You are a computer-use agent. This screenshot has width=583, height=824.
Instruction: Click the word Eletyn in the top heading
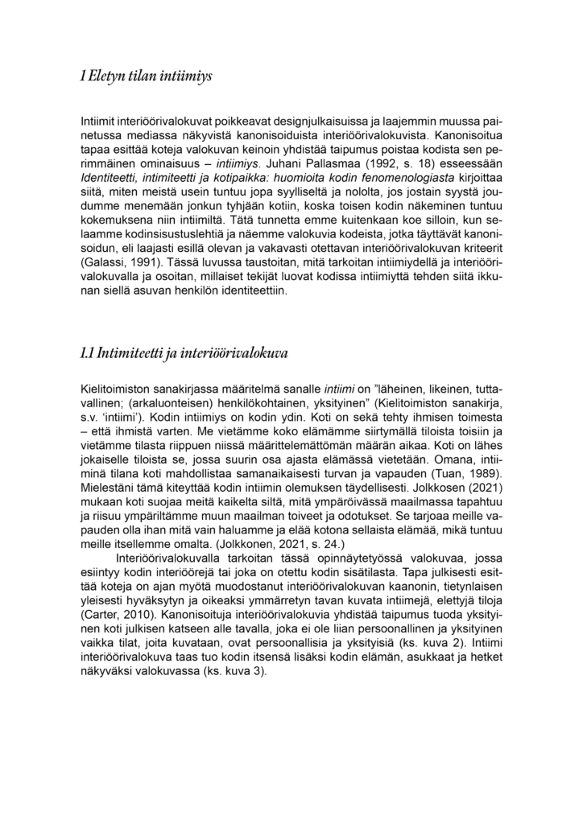[x=109, y=76]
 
